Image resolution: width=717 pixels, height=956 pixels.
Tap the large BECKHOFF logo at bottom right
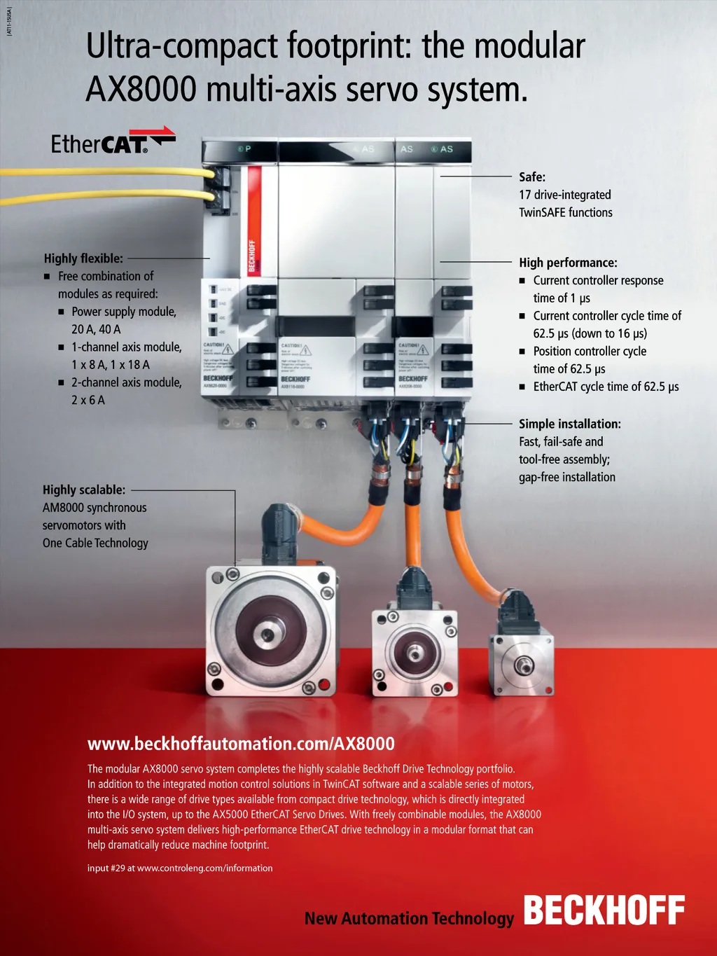point(604,910)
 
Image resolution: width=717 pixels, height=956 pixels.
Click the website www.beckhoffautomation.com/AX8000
point(241,744)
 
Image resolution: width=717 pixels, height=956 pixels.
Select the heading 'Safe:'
point(532,177)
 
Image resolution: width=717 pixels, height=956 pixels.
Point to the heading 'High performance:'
point(568,263)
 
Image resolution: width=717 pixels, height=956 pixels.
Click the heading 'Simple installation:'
point(569,424)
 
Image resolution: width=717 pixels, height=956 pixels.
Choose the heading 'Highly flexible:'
point(83,258)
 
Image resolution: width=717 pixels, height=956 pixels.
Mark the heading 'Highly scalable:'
point(84,490)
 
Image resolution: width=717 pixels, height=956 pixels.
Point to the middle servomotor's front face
point(414,653)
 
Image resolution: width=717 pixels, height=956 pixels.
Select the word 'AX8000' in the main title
point(141,90)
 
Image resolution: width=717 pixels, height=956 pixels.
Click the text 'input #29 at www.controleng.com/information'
point(180,868)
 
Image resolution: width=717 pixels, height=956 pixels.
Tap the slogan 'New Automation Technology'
point(409,918)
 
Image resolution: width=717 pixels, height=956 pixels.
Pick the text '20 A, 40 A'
point(96,329)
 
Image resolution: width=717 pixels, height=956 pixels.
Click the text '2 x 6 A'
point(88,400)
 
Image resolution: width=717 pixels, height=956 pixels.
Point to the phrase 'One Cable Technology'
point(95,543)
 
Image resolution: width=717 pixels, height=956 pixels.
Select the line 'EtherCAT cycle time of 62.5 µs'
point(606,387)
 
